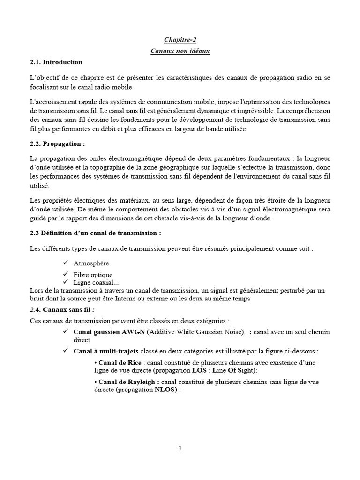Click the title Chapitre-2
pyautogui.click(x=180, y=41)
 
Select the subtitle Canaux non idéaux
pyautogui.click(x=180, y=51)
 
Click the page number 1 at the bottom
pyautogui.click(x=180, y=448)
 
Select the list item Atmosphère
pyautogui.click(x=91, y=263)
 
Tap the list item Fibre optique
pyautogui.click(x=93, y=275)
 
